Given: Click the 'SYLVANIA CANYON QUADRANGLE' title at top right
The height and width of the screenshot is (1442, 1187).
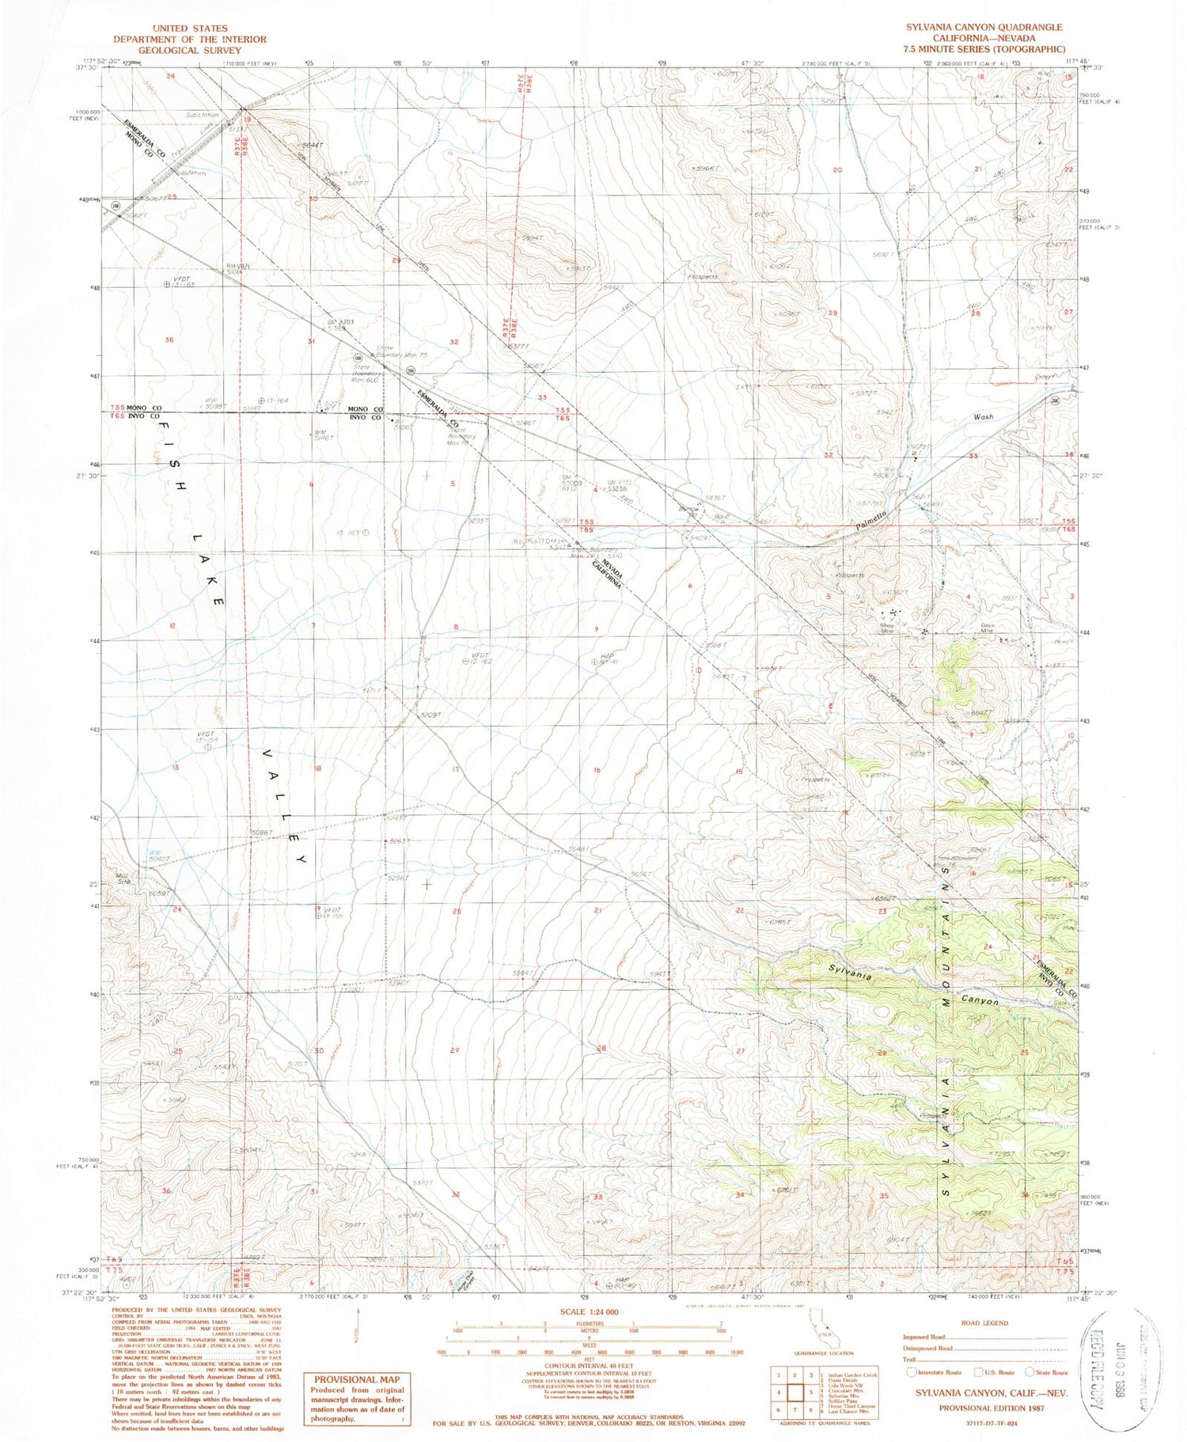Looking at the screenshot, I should click(x=984, y=27).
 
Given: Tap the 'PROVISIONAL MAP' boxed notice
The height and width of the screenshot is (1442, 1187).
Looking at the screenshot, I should click(x=355, y=1378).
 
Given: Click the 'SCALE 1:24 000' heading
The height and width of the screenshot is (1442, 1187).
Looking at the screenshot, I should click(x=589, y=1312).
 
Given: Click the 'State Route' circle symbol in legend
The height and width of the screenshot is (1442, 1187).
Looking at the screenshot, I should click(x=1030, y=1372).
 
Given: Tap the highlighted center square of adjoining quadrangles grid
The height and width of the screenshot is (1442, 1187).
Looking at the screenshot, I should click(x=811, y=1392).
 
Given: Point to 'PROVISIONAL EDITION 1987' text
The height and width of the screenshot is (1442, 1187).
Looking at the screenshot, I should click(x=991, y=1408).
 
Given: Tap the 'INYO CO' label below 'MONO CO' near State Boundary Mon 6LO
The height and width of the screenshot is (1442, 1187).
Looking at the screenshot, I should click(x=367, y=417).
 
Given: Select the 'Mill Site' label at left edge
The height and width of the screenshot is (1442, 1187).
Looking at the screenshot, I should click(x=124, y=879).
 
